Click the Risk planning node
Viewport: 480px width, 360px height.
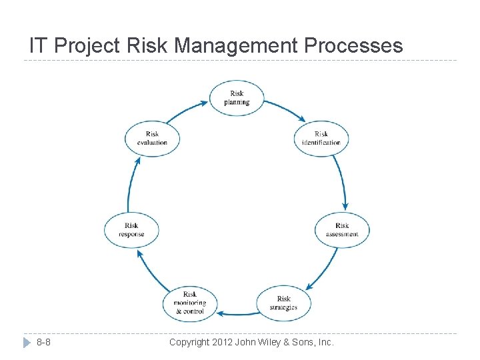[x=237, y=97]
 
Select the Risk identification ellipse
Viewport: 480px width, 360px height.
[x=321, y=138]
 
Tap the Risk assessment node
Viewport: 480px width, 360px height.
[x=342, y=229]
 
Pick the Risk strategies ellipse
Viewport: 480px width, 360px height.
[x=283, y=303]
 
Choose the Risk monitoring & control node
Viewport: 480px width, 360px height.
[x=190, y=303]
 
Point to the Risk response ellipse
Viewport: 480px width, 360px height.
[x=131, y=229]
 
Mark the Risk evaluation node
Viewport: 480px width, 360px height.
[x=152, y=138]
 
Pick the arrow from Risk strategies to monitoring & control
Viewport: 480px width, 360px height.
[x=238, y=312]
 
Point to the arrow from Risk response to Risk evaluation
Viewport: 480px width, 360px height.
[x=130, y=183]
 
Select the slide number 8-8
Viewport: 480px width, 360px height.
[x=44, y=343]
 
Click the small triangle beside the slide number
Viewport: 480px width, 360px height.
[x=27, y=343]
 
